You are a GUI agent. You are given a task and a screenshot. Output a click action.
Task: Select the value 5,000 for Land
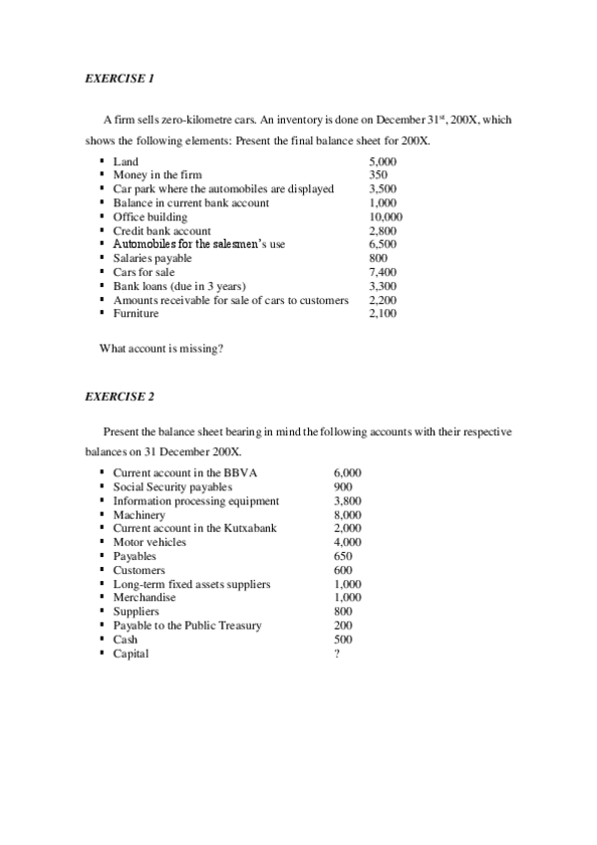coord(383,161)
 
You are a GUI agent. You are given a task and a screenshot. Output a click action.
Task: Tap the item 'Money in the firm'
coord(157,175)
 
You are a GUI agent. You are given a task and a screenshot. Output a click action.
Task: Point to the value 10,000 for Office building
coord(386,217)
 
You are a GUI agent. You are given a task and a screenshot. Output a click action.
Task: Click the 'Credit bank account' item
coord(161,231)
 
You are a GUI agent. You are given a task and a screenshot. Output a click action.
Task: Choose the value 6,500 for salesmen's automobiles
coord(383,244)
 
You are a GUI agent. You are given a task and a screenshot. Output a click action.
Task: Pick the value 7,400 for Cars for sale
coord(383,272)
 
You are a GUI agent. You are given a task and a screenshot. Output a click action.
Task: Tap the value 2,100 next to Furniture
coord(383,314)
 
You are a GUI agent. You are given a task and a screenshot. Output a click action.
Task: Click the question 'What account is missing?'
coord(160,349)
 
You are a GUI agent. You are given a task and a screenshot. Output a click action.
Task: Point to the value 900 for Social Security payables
coord(343,487)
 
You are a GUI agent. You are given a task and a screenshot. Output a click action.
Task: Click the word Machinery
coord(139,515)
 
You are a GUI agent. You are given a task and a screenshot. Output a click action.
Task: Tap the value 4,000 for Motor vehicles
coord(348,542)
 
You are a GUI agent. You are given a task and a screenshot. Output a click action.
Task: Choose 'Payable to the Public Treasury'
coord(187,626)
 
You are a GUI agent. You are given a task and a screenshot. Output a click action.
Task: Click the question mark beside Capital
coord(337,655)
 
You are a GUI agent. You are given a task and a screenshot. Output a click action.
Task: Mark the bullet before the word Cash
coord(103,640)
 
